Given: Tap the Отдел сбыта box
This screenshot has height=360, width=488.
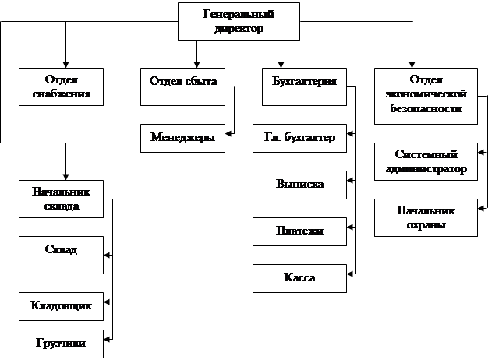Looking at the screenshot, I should pyautogui.click(x=182, y=86).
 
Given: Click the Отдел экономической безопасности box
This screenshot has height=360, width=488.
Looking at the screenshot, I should pyautogui.click(x=425, y=94).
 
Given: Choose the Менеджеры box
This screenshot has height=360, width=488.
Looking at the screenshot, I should pyautogui.click(x=182, y=138).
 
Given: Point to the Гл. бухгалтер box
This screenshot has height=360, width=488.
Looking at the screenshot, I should pyautogui.click(x=299, y=138).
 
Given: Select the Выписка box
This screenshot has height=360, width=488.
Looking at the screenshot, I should pyautogui.click(x=299, y=185).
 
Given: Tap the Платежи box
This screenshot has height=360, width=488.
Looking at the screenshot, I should pyautogui.click(x=299, y=231).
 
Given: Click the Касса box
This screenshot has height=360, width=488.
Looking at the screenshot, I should pyautogui.click(x=299, y=277).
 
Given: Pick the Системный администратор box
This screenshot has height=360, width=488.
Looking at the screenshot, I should pyautogui.click(x=425, y=161).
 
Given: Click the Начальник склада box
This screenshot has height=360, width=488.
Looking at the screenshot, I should pyautogui.click(x=62, y=199).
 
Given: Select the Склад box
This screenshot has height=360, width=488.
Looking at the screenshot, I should pyautogui.click(x=62, y=255).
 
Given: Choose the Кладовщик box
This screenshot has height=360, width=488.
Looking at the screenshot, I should pyautogui.click(x=62, y=306).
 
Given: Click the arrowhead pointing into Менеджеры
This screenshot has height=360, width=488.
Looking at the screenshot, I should pyautogui.click(x=228, y=132).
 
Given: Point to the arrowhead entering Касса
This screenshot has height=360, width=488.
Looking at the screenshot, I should pyautogui.click(x=352, y=273).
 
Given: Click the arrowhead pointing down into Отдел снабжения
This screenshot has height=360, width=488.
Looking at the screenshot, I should pyautogui.click(x=66, y=65).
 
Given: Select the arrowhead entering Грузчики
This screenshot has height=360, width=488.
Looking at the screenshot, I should pyautogui.click(x=108, y=338).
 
